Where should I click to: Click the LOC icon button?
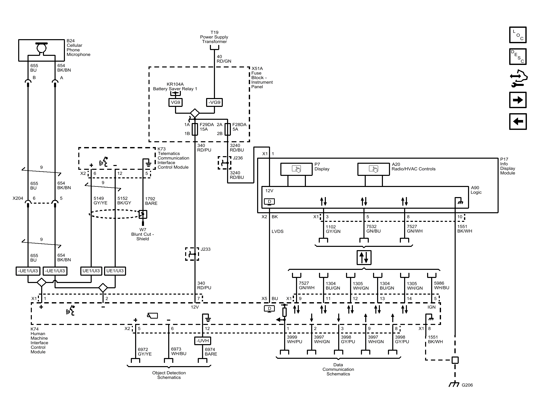518,35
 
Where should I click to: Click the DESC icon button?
518,57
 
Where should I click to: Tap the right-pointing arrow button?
518,100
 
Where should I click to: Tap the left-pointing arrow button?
518,122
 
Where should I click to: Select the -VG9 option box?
214,102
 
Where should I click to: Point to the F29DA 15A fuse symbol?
195,129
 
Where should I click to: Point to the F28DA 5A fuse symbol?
228,129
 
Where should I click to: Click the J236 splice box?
225,163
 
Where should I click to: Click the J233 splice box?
192,254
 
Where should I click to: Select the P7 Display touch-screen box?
297,169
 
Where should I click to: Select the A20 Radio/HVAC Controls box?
374,169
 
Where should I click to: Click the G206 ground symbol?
454,384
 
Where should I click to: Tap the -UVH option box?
203,341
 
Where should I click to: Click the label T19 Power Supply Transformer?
214,37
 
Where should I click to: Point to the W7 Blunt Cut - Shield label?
143,234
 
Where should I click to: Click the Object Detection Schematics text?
169,375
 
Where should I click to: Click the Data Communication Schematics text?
338,369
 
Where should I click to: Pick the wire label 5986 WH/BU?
442,286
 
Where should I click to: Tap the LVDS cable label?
278,231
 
